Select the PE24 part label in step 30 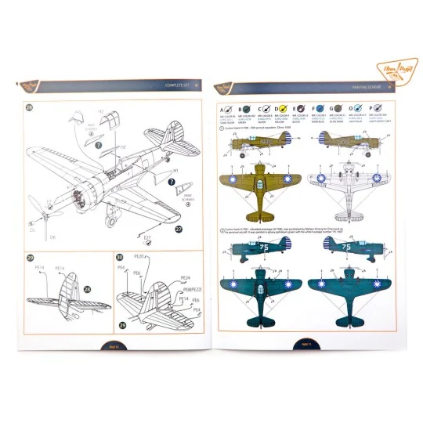[186, 277]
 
